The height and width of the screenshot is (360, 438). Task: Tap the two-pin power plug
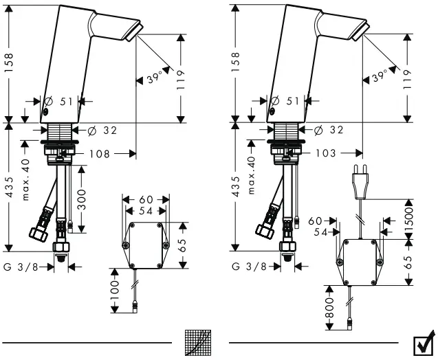tap(359, 181)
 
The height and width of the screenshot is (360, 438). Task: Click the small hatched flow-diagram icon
tap(199, 343)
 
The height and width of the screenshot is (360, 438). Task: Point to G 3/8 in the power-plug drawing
tap(245, 265)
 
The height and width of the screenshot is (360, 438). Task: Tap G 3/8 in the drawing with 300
tap(21, 265)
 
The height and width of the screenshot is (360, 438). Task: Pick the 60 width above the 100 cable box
tap(145, 198)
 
